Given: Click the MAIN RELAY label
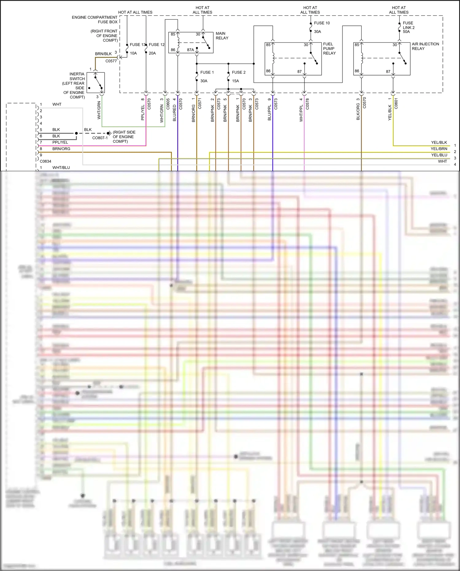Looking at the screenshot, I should [x=222, y=36].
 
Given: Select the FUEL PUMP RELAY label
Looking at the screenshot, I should [x=329, y=48].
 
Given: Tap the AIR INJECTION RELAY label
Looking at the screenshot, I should [x=425, y=46].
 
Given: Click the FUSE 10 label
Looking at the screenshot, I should [x=322, y=23].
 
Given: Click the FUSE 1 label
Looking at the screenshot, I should [x=207, y=72].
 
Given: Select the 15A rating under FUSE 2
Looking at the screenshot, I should [x=235, y=81].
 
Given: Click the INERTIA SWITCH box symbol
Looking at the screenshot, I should [x=95, y=83].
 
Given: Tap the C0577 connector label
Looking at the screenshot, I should [x=111, y=61].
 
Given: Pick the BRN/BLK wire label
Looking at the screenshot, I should [x=103, y=54].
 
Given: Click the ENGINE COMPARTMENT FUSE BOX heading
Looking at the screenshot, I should [x=95, y=20].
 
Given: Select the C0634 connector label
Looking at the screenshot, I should [x=45, y=161].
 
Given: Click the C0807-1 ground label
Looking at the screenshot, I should [x=100, y=138].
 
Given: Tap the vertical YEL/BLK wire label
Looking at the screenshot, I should [x=390, y=113].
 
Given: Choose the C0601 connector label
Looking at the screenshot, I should [x=396, y=104].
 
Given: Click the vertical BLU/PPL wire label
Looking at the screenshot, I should [x=269, y=113].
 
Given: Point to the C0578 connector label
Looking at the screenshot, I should [x=307, y=104].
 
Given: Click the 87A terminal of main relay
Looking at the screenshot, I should [x=190, y=50].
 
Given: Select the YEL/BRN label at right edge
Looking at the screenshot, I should [x=439, y=149].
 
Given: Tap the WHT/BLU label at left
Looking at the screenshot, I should [x=61, y=168].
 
